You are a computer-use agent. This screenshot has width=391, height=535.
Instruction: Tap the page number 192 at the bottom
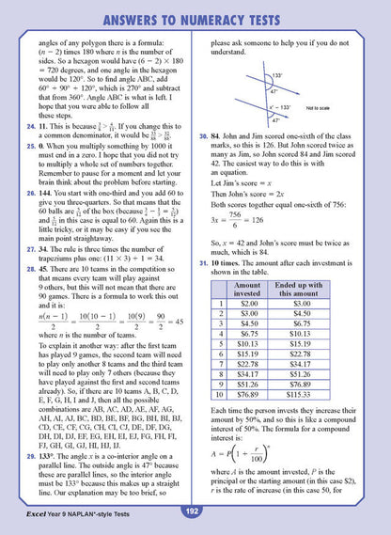point(194,511)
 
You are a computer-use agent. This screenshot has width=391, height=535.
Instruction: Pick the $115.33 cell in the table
point(305,395)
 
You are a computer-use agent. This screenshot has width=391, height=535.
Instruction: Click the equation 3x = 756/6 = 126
point(241,216)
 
